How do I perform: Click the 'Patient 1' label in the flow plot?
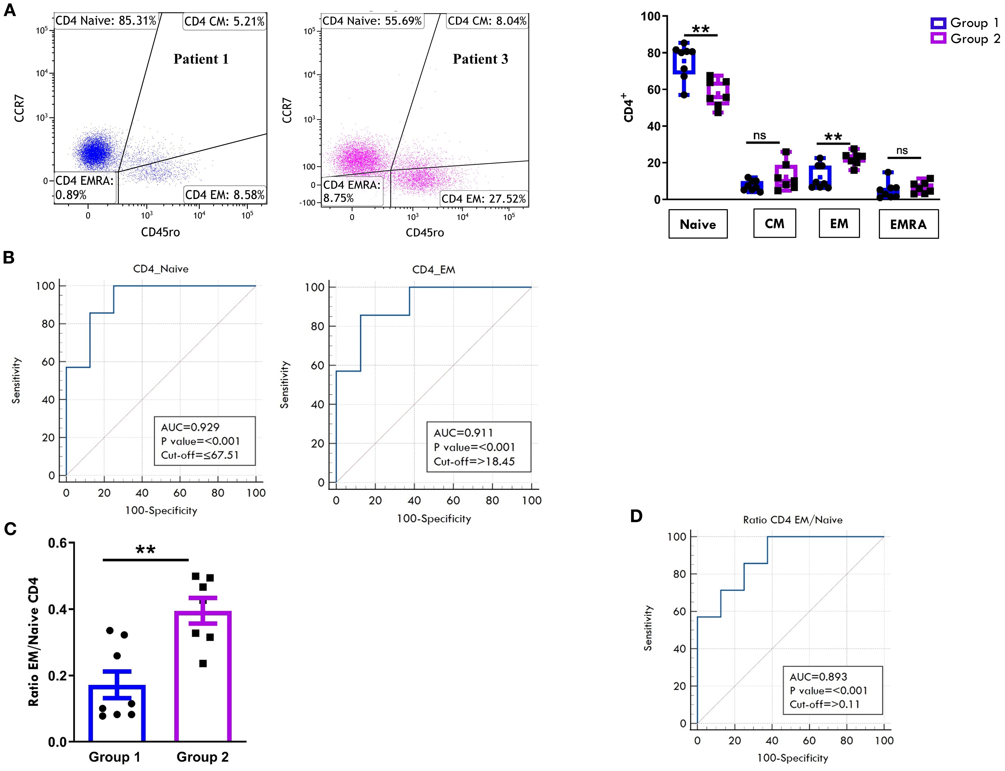click(201, 59)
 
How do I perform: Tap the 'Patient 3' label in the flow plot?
click(480, 59)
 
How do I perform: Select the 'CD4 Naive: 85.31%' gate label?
click(106, 21)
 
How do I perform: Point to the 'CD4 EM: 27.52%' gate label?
click(483, 199)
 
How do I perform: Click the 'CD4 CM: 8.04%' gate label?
click(487, 21)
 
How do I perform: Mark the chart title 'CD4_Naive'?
click(161, 269)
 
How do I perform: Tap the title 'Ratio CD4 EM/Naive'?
click(793, 520)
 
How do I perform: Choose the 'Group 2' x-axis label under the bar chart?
click(203, 757)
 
